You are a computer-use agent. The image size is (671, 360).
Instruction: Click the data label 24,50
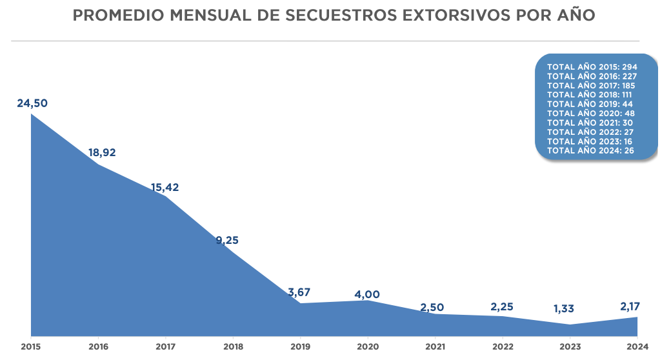[32, 103]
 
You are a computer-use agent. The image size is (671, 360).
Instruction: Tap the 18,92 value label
[102, 153]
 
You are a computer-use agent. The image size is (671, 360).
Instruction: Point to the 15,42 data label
[165, 188]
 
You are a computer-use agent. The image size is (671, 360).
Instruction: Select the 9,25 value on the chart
[227, 241]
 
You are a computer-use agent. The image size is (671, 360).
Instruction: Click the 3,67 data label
[299, 292]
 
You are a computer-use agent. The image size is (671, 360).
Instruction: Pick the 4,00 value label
[367, 295]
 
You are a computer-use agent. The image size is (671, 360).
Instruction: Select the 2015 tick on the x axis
[30, 346]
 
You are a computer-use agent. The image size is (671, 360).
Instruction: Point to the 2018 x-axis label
[233, 346]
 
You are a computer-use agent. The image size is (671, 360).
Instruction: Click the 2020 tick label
[368, 346]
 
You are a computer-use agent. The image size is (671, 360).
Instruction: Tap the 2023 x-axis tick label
[570, 346]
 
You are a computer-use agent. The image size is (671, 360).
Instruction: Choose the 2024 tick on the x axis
[637, 346]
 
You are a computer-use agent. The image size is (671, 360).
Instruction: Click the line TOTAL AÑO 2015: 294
[592, 67]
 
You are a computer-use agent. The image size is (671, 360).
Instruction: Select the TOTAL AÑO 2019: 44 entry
[590, 104]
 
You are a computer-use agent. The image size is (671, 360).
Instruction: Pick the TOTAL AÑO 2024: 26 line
[590, 150]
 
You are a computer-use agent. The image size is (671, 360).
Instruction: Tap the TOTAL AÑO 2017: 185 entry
[592, 85]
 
